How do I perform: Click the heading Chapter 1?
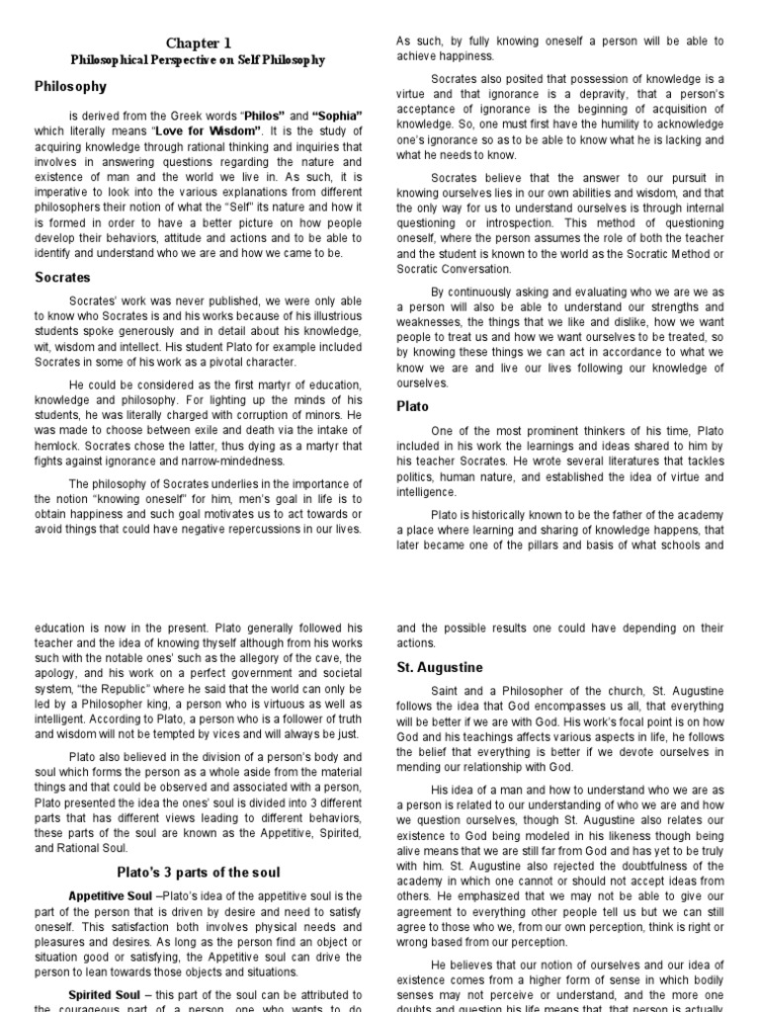click(x=198, y=42)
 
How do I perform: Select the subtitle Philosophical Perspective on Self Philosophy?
click(x=198, y=60)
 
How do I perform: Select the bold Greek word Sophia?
click(x=337, y=116)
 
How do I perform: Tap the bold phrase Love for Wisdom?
click(x=214, y=130)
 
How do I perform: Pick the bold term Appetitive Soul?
click(x=109, y=894)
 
